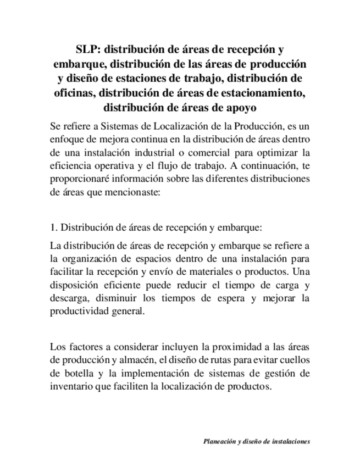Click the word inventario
[x=70, y=387]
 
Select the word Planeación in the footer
[x=219, y=441]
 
